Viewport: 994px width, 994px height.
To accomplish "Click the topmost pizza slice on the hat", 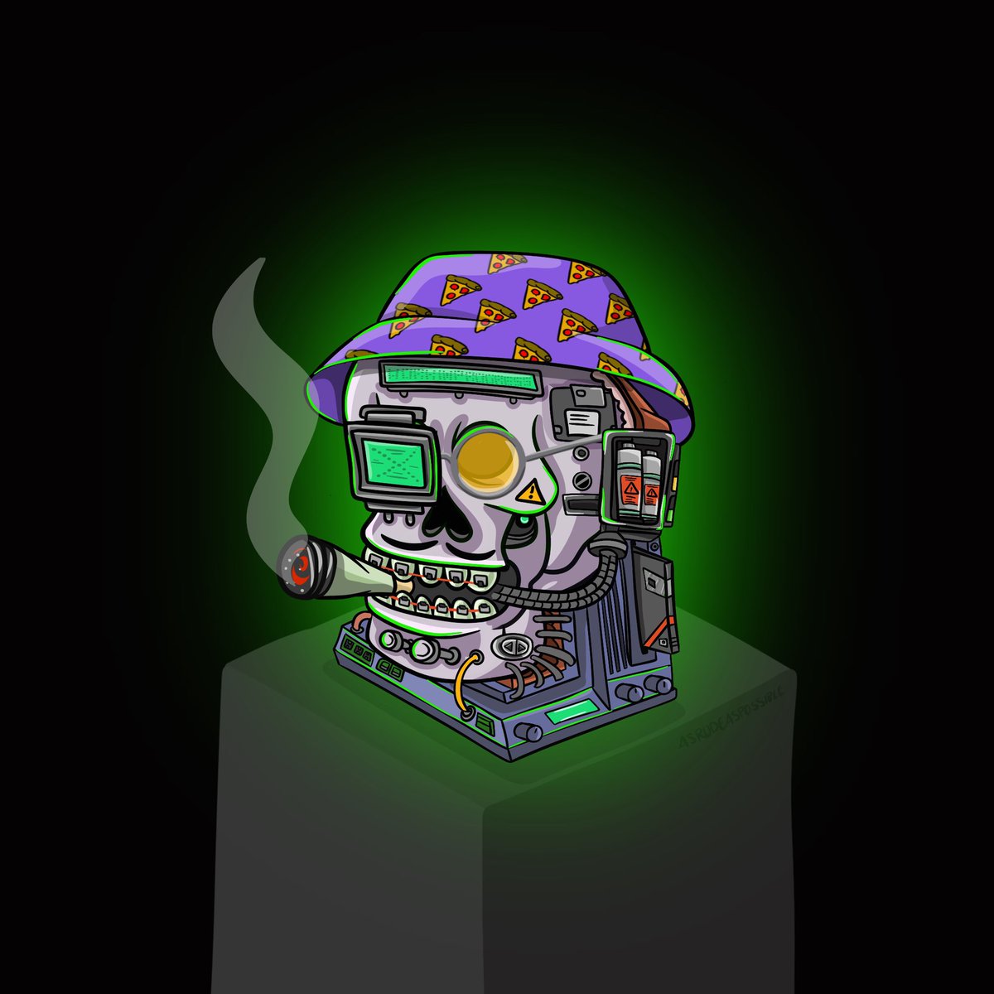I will (x=505, y=263).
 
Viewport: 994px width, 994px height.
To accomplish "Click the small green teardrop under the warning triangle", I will (x=524, y=519).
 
